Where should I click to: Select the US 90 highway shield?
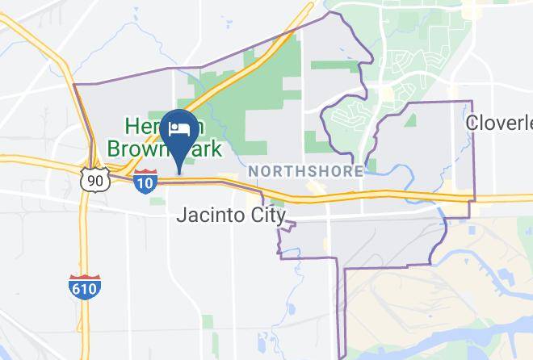pos(95,179)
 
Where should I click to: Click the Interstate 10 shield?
pos(145,181)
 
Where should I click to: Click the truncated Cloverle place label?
pos(500,122)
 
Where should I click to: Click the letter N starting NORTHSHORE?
pos(254,172)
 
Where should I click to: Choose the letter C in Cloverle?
pos(473,122)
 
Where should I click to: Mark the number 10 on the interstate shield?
pos(145,183)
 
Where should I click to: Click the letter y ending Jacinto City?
pos(281,218)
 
